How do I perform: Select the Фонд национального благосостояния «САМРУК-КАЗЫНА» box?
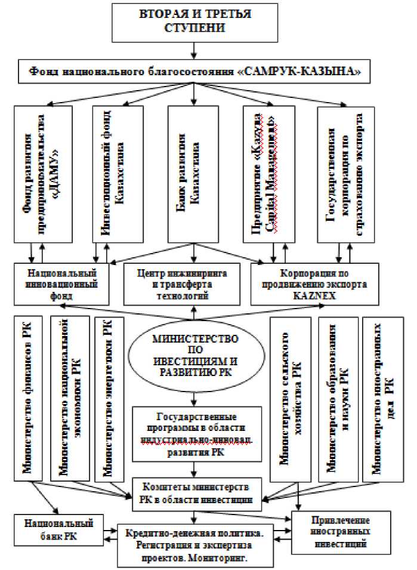coord(193,73)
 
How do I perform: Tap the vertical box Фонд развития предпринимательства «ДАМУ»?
coord(43,173)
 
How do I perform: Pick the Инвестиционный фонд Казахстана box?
coord(117,173)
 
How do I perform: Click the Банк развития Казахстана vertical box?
coord(193,173)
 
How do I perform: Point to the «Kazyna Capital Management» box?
coord(270,173)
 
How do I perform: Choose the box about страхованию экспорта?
coord(345,173)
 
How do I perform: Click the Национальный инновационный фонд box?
coord(62,284)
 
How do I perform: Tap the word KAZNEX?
coord(309,295)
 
